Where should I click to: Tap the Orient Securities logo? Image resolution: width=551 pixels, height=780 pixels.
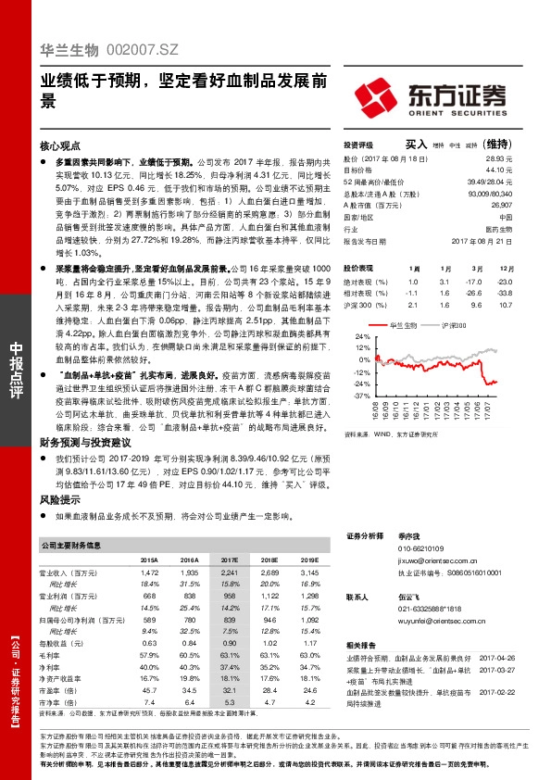[x=432, y=95]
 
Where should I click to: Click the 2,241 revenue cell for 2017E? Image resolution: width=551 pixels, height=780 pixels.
[x=230, y=574]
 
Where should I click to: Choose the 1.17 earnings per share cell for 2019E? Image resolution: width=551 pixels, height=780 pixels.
[x=308, y=643]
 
